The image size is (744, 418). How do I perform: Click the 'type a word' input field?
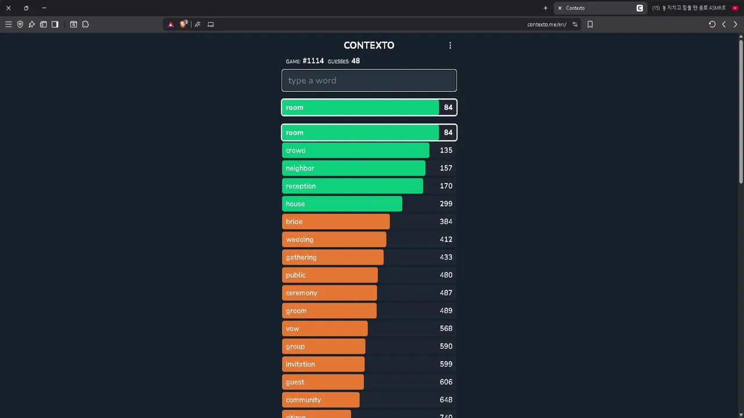(369, 81)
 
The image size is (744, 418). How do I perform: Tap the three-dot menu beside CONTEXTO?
(450, 45)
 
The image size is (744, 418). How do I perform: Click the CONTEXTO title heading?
(369, 45)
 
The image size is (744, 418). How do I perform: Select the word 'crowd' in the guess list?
(295, 150)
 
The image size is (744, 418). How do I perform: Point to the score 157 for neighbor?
(446, 168)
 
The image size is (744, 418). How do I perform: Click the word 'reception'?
(301, 186)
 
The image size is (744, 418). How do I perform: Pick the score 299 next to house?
(446, 204)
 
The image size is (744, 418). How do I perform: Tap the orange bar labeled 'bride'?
(335, 222)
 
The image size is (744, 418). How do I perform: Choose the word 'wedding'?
(299, 240)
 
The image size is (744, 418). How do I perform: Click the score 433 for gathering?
(446, 257)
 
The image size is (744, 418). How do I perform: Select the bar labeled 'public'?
(330, 275)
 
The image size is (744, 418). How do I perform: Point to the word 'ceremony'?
(301, 293)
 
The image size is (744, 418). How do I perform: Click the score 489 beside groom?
(446, 311)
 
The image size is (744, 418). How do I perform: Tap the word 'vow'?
(292, 329)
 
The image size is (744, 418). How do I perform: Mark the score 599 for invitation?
(446, 364)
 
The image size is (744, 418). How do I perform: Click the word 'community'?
(303, 400)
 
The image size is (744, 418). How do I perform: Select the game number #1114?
(313, 61)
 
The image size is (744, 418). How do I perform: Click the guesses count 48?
(355, 61)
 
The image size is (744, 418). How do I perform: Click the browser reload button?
(712, 24)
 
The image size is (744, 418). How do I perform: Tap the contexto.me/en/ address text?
(546, 24)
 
